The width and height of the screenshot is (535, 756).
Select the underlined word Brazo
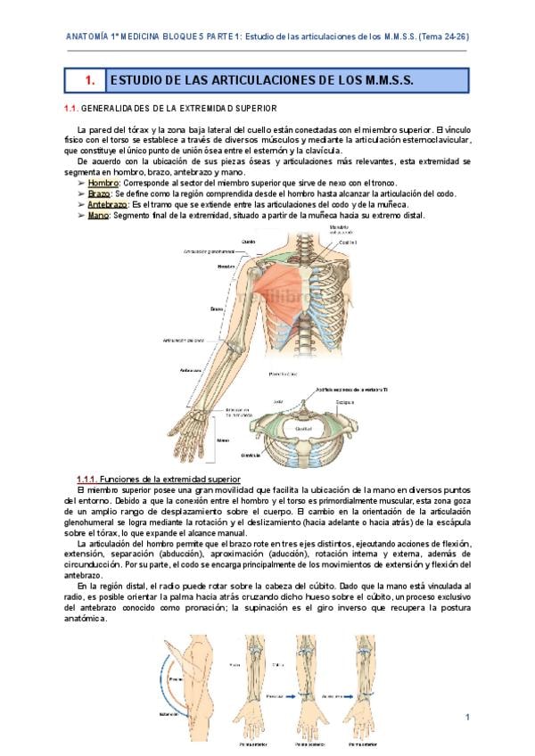[x=99, y=193]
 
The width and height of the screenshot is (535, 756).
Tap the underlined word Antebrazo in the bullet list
[x=110, y=203]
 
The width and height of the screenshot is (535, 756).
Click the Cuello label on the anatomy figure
[x=249, y=241]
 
